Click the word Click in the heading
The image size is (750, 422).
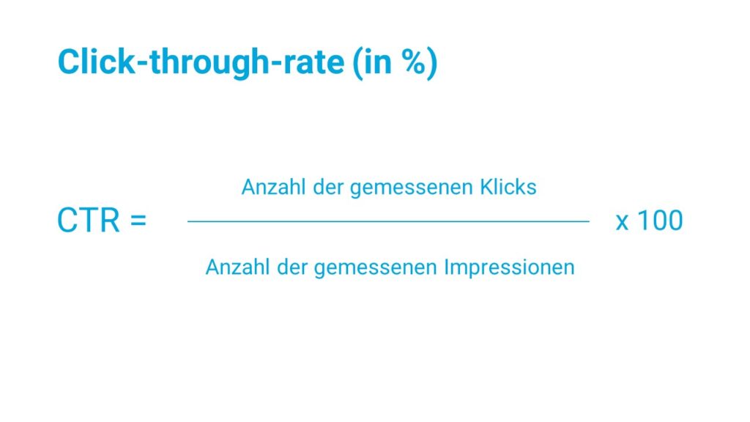click(97, 62)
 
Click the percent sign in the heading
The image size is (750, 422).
click(412, 62)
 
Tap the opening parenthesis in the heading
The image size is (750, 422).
click(357, 63)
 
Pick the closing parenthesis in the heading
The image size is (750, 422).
click(431, 63)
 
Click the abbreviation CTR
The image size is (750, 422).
click(88, 221)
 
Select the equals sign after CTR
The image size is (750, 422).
click(138, 221)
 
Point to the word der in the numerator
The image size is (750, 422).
click(328, 187)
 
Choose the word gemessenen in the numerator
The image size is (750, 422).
click(412, 188)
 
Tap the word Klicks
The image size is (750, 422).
click(508, 187)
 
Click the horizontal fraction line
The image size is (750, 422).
click(388, 221)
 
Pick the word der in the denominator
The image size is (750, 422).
click(292, 267)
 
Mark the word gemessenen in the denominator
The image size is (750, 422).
click(375, 268)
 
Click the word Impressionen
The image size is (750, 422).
click(510, 267)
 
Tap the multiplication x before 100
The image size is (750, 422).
click(622, 223)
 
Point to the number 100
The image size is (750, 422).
click(661, 221)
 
